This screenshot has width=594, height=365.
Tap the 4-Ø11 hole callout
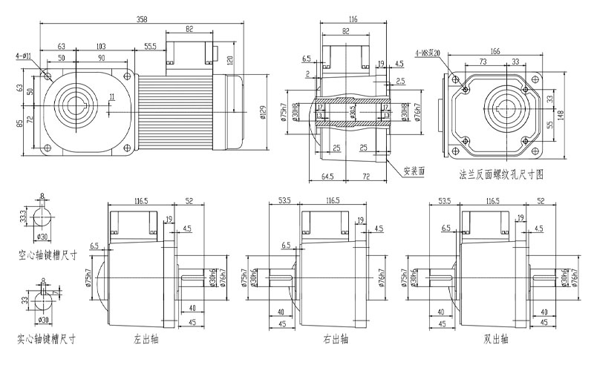[22, 55]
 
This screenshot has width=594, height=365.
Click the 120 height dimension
[231, 59]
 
